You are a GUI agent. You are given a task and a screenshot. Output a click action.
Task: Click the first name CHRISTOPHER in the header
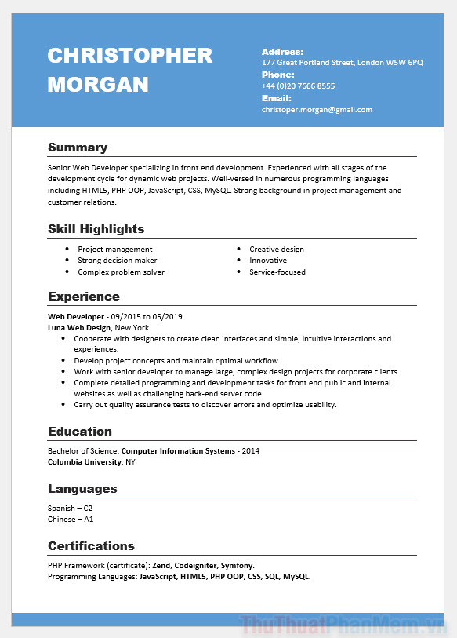(129, 56)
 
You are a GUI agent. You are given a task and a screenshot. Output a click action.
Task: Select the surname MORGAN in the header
(98, 85)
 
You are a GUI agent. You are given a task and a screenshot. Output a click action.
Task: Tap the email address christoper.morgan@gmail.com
(317, 110)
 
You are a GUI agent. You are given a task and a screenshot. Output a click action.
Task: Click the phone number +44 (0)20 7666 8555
(298, 86)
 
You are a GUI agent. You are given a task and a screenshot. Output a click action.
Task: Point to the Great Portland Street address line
(342, 62)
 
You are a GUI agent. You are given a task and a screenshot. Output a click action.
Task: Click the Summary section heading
(78, 148)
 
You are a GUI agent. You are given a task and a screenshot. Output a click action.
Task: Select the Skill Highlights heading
(96, 229)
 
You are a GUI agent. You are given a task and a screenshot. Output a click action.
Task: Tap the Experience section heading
(83, 297)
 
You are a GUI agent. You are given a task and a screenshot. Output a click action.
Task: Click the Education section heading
(80, 432)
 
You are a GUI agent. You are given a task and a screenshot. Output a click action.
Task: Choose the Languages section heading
(82, 489)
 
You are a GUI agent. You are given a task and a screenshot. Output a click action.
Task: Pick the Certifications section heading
(91, 546)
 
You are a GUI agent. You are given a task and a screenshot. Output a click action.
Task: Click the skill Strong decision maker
(117, 261)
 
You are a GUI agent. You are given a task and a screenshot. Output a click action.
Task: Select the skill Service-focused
(277, 272)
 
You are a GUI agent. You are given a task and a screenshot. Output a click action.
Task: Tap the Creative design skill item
(277, 250)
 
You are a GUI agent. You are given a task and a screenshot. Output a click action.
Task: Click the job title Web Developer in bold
(75, 316)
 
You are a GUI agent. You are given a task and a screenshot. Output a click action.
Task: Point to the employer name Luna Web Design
(79, 327)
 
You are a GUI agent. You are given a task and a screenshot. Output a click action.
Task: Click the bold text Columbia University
(85, 462)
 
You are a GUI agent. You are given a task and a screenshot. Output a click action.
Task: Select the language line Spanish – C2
(70, 509)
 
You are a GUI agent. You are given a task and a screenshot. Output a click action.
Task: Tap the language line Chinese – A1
(71, 520)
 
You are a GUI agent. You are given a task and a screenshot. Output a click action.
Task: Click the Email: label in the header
(276, 99)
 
